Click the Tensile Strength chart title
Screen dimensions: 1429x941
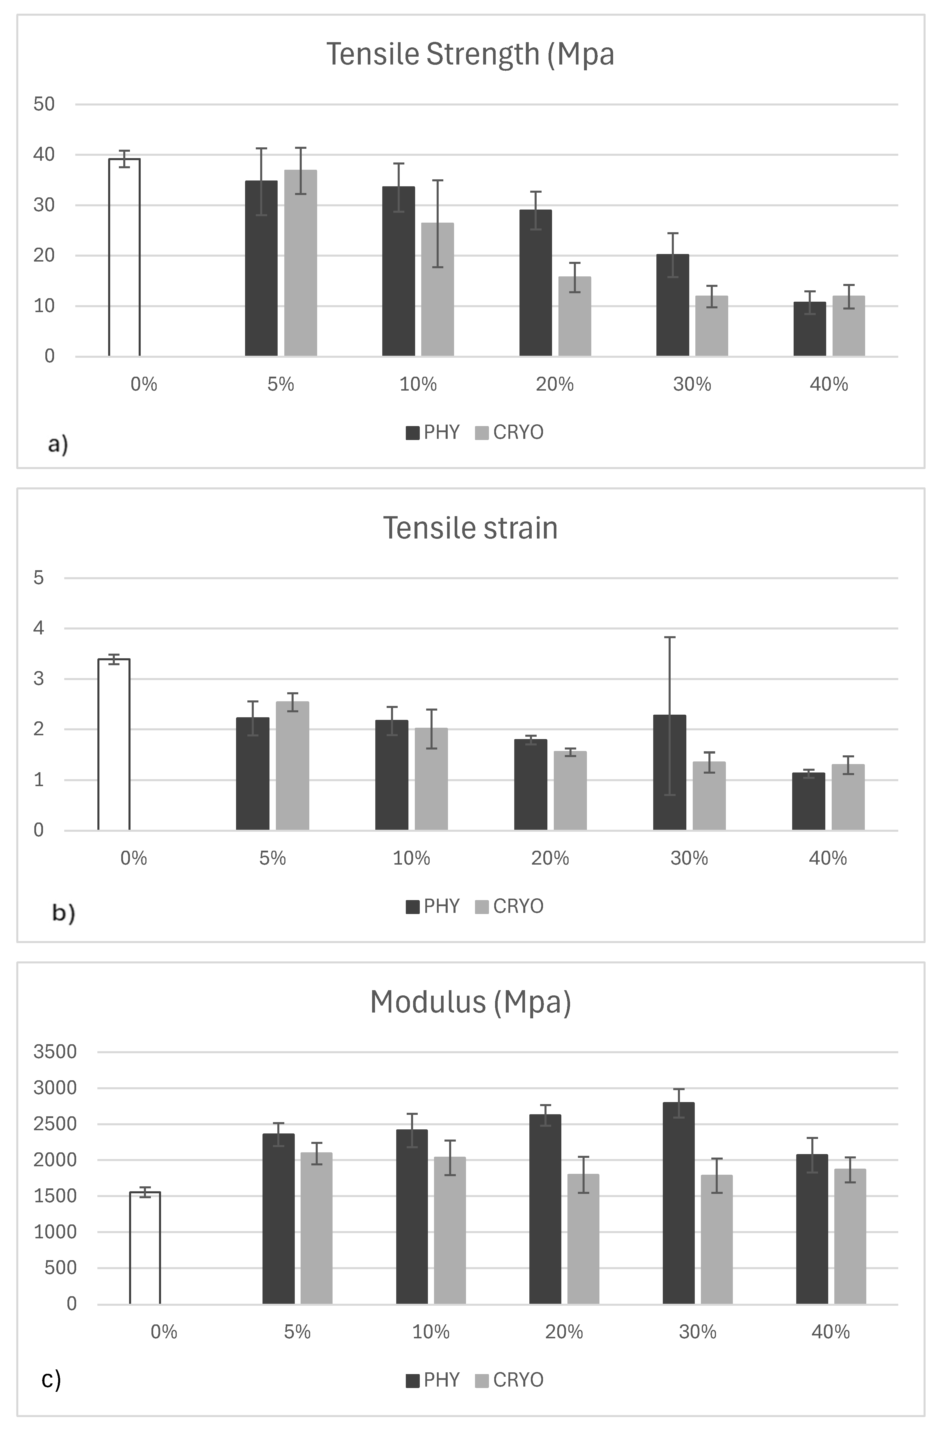[x=470, y=54]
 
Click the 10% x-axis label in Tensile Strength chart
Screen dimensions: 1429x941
[x=418, y=384]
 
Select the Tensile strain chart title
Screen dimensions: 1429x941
[x=470, y=528]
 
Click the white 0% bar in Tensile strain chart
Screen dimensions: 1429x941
[x=114, y=745]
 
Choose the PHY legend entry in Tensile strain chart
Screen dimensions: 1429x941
[x=432, y=906]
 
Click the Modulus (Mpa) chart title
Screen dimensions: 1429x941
[x=470, y=1001]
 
